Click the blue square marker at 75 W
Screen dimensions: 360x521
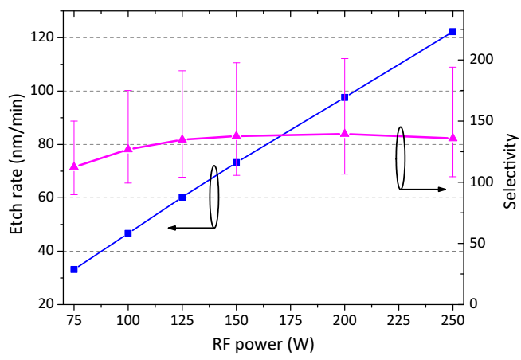click(74, 269)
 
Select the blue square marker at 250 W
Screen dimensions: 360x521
click(452, 31)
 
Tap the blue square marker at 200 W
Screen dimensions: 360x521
click(344, 97)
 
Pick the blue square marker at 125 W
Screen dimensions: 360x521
click(182, 197)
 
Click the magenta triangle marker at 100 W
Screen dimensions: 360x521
click(128, 149)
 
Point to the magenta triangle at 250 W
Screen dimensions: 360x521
click(452, 138)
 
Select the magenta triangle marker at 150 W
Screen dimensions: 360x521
click(236, 135)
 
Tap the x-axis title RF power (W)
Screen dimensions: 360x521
click(263, 345)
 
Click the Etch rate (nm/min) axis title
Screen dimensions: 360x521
click(17, 169)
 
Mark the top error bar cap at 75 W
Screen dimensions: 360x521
click(74, 121)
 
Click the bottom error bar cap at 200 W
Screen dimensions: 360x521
click(344, 174)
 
